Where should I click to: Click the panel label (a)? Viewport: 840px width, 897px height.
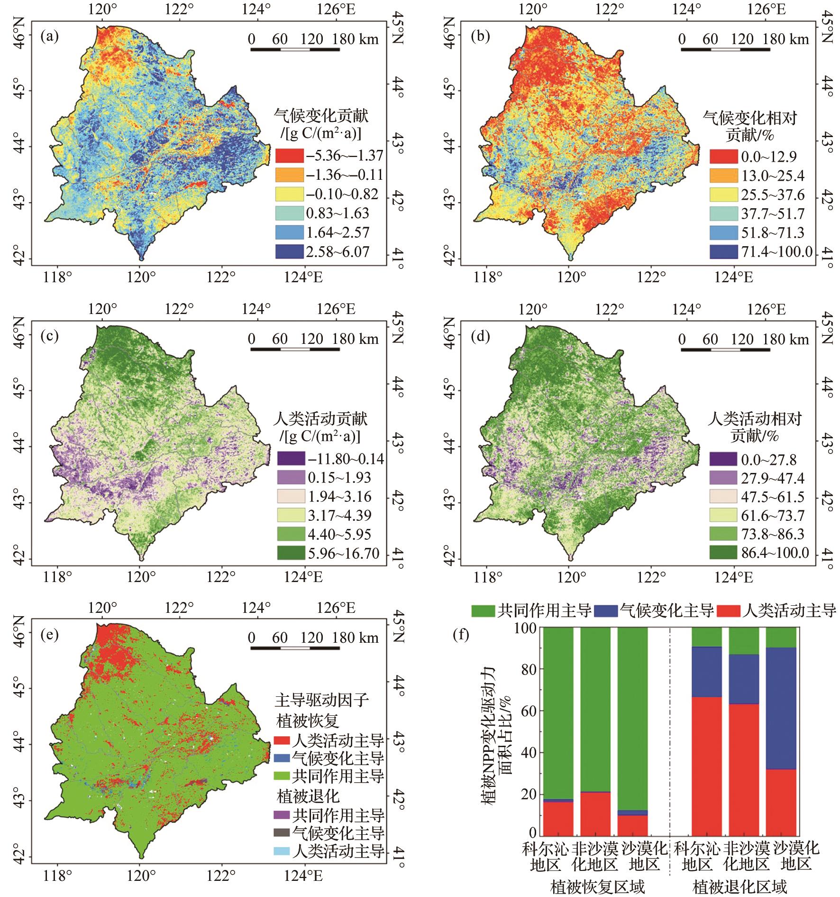(50, 37)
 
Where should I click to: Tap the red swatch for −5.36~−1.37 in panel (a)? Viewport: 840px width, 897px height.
(289, 156)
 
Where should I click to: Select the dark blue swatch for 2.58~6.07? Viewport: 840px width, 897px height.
(289, 251)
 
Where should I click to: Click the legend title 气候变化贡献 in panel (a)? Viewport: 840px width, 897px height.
(321, 115)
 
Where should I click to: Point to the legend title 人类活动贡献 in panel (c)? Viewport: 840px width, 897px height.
(320, 419)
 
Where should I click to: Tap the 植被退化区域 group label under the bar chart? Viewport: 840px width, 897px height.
(739, 886)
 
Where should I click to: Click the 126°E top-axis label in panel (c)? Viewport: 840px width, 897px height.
(337, 309)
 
